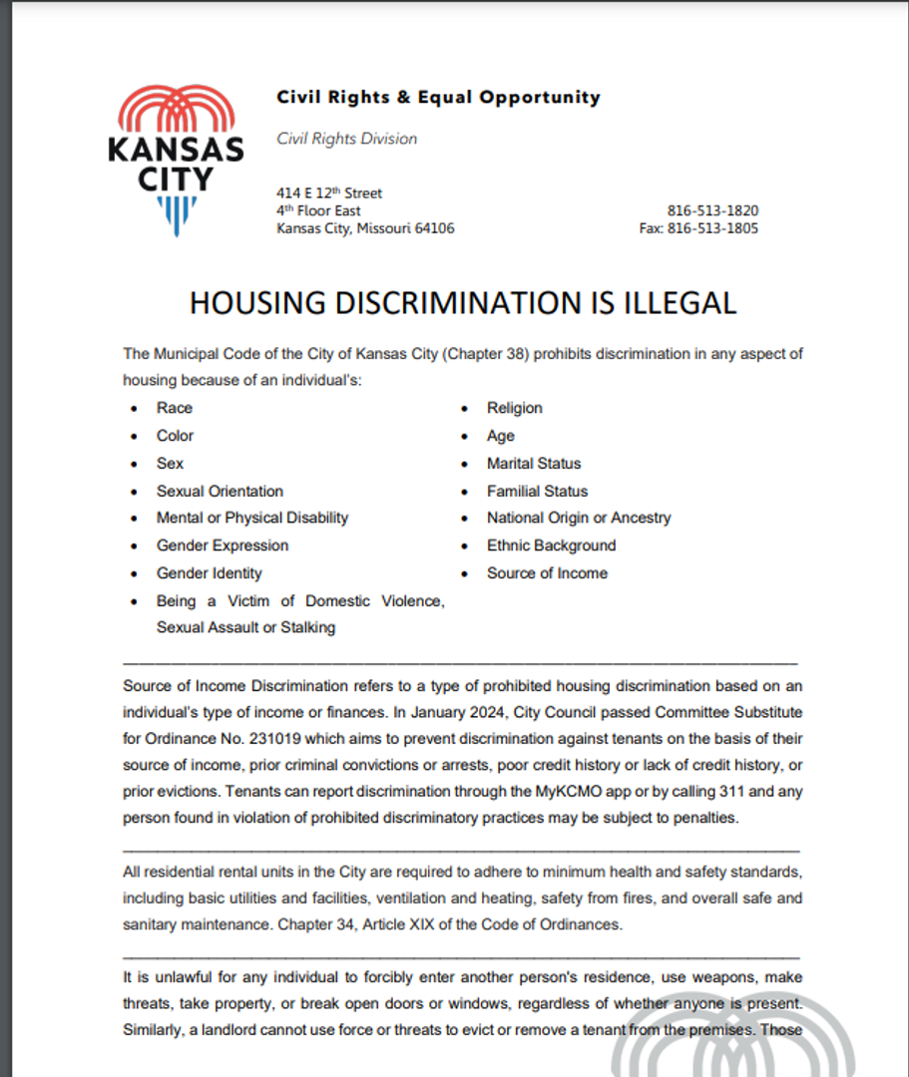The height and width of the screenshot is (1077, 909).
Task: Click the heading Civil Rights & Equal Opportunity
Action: pyautogui.click(x=438, y=98)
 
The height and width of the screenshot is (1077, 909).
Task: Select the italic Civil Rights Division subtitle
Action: pyautogui.click(x=346, y=140)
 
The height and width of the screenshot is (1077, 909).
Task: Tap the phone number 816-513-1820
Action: pyautogui.click(x=712, y=211)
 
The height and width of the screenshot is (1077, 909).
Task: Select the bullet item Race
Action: pyautogui.click(x=175, y=408)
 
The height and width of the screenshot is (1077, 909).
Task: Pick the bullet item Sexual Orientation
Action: pyautogui.click(x=220, y=492)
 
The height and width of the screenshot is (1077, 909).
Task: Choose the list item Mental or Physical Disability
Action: pyautogui.click(x=252, y=519)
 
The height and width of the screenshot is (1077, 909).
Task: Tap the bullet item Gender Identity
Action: pyautogui.click(x=210, y=573)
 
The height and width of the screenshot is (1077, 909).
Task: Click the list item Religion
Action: pyautogui.click(x=515, y=408)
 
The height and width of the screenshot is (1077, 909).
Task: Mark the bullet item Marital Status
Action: pyautogui.click(x=534, y=464)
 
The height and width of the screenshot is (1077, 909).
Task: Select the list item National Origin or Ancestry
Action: pyautogui.click(x=579, y=519)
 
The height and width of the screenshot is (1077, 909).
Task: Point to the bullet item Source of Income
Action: pyautogui.click(x=547, y=573)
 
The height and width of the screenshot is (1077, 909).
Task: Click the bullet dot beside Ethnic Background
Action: pyautogui.click(x=464, y=546)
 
